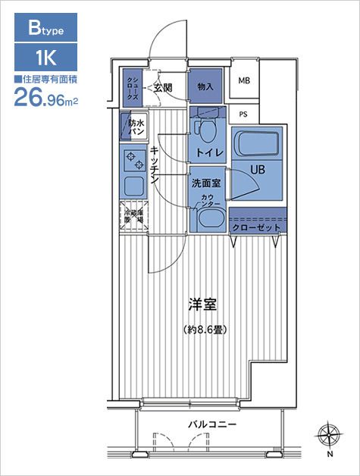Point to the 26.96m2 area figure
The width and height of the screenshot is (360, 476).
pos(46,96)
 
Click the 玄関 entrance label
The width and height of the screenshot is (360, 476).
pos(162,89)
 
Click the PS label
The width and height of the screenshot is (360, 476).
pos(243,114)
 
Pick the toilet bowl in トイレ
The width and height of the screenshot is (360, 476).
pos(205,131)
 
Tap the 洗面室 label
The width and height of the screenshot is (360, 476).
pos(205,183)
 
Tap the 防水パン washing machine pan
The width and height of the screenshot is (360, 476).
pos(135,127)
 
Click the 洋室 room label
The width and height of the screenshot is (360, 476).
pos(204,305)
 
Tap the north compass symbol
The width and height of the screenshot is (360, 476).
pos(329,436)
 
